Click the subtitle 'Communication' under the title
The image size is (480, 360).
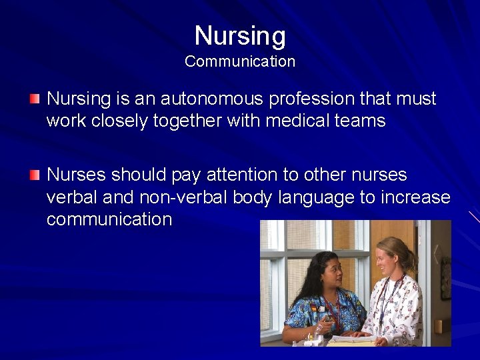tap(240, 61)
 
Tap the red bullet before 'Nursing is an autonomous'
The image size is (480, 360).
tap(35, 99)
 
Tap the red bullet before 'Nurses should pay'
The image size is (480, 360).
tap(35, 175)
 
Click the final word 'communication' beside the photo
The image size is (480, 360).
tap(109, 219)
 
